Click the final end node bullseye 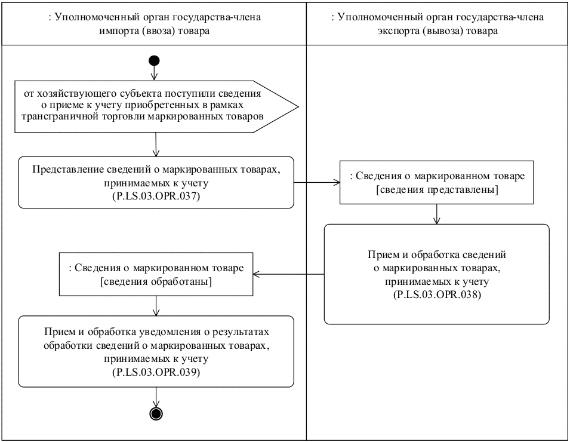click(x=156, y=413)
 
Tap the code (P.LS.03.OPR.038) click(x=436, y=294)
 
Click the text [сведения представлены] click(x=437, y=190)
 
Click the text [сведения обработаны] click(x=156, y=281)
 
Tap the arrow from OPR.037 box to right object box click(x=317, y=183)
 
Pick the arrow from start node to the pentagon click(x=155, y=73)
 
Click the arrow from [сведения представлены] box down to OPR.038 click(x=437, y=213)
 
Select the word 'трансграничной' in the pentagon click(x=52, y=116)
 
